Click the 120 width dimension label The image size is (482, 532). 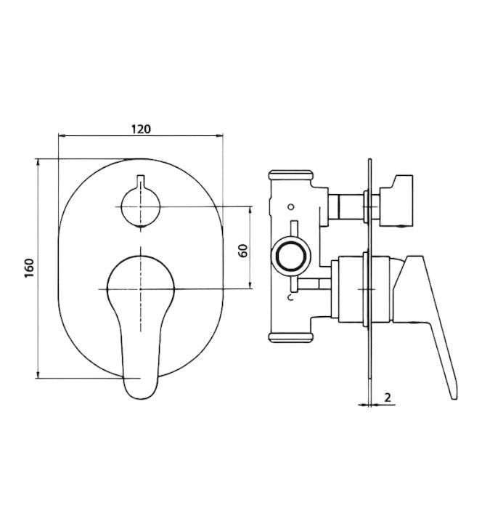[x=141, y=129]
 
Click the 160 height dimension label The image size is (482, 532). [x=30, y=268]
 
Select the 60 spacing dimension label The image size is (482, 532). [x=243, y=251]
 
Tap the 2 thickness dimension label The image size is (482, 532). [x=388, y=398]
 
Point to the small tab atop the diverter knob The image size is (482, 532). [x=140, y=182]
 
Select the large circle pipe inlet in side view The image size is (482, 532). [x=291, y=257]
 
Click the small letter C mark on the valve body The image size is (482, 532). [x=290, y=298]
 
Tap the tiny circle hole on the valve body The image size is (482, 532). [x=290, y=206]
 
